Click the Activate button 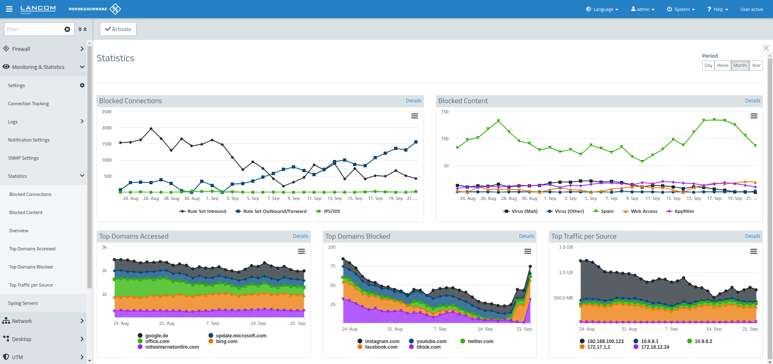(118, 29)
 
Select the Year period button (756, 65)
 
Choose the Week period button (722, 65)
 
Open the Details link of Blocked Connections (413, 101)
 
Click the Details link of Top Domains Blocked (526, 236)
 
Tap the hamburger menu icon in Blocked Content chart (754, 116)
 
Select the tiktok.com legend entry (428, 347)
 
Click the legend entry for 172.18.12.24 (655, 347)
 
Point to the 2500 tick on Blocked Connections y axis (107, 112)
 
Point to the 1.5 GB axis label (566, 247)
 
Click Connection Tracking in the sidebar (28, 104)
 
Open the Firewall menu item (21, 49)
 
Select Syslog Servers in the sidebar (23, 303)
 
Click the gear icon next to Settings (82, 85)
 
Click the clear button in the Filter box (67, 29)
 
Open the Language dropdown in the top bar (602, 9)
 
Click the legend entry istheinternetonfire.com (172, 347)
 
